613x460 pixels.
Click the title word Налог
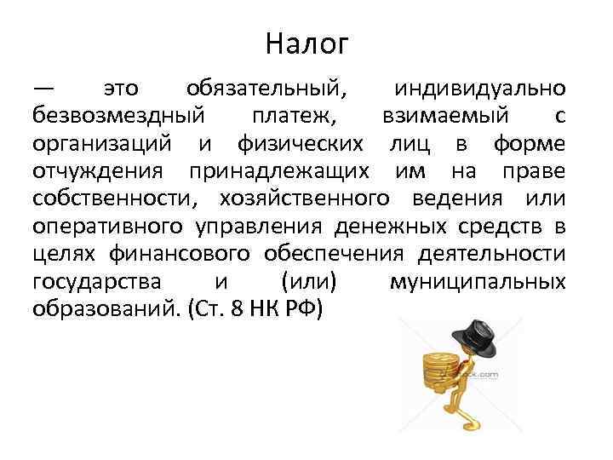(306, 43)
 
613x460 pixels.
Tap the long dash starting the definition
(43, 89)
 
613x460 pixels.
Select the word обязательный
(266, 89)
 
